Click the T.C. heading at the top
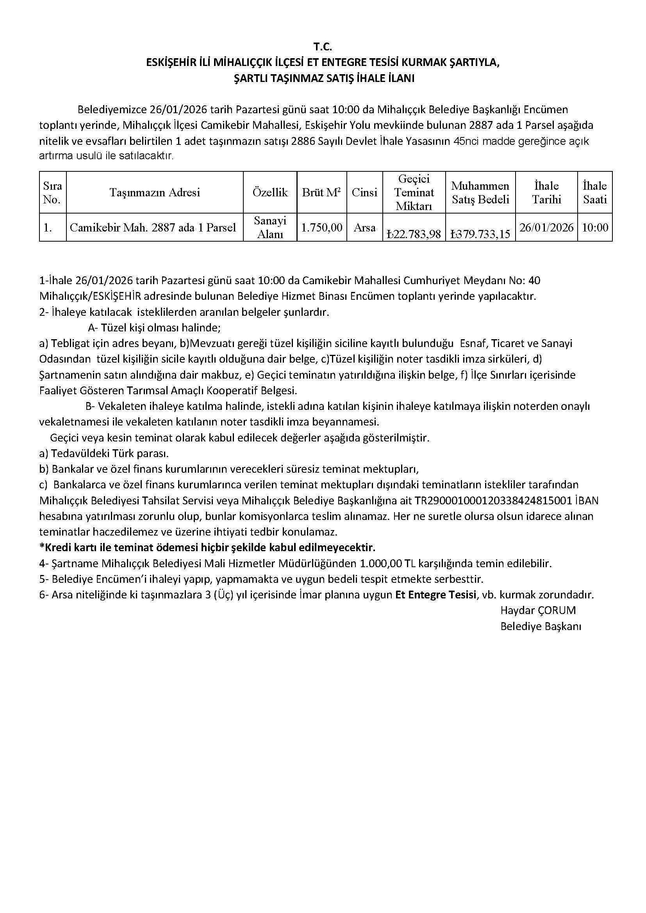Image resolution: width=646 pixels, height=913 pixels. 322,47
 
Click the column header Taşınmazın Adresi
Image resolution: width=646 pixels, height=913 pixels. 155,193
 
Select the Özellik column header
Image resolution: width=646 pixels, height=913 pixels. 270,193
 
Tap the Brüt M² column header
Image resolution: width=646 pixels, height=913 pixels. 321,193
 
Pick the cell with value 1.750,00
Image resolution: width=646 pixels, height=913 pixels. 321,228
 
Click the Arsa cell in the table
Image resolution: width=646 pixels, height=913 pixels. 364,228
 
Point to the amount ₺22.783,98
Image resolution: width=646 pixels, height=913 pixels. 414,234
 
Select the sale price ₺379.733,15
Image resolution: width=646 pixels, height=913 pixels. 480,234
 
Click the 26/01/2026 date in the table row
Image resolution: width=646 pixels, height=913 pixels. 546,228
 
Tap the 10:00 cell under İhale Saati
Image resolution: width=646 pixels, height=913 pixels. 595,228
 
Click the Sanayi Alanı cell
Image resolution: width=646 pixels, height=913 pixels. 270,228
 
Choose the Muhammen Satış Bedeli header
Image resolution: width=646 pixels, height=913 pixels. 480,193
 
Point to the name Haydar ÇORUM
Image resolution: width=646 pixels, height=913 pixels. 538,610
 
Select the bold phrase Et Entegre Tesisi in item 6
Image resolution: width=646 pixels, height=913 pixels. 435,595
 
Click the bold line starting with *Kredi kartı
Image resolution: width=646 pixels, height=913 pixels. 207,548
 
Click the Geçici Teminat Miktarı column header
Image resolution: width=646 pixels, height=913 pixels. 414,193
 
